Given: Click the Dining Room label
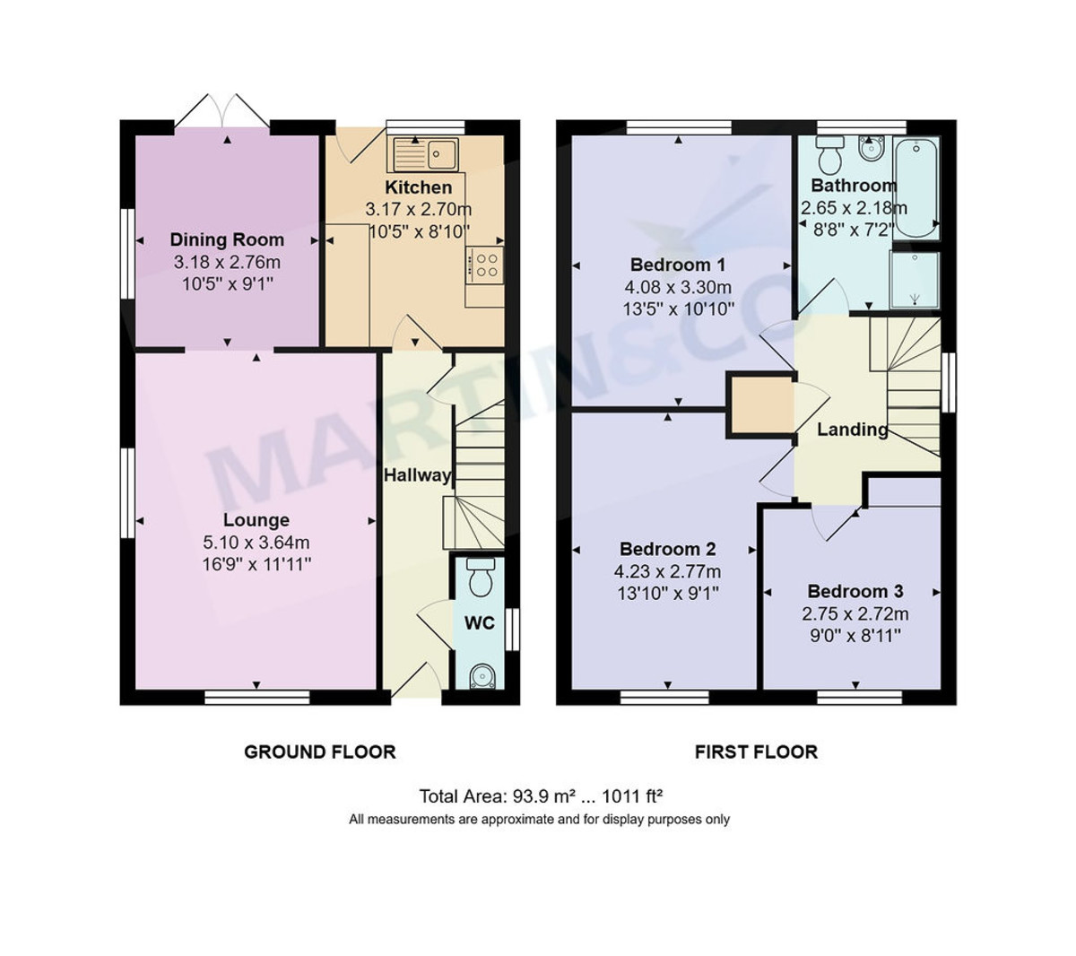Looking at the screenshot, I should coord(227,239).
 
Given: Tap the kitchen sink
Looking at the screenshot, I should coord(426,154).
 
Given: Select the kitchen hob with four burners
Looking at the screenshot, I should coord(485,265).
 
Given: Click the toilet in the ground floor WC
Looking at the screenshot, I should coord(481,578).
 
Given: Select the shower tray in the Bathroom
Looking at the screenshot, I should coord(915,280).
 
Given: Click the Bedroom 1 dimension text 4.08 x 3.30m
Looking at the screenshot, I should coord(678,288).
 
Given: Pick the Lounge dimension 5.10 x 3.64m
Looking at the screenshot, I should coord(256,543).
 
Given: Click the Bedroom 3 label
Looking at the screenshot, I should coord(855,591).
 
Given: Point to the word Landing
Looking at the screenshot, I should coord(852,430).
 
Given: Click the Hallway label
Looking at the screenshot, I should coord(417,475).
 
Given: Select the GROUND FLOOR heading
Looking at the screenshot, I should coord(320,752).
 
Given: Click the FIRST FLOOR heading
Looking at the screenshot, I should coord(756,752).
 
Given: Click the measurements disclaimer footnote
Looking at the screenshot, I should coord(539,820).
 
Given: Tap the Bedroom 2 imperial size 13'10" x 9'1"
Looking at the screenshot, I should coord(667,594).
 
